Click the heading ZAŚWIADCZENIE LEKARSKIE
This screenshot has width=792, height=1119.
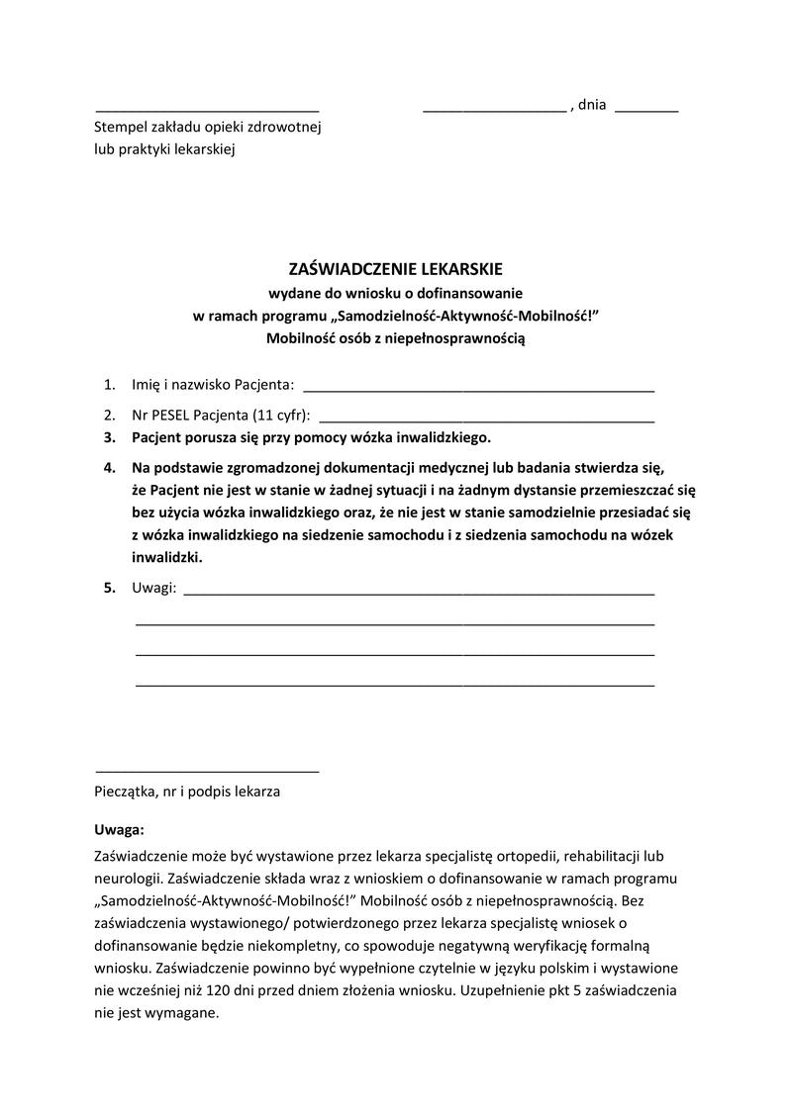(396, 269)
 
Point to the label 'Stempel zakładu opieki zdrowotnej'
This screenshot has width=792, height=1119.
(208, 128)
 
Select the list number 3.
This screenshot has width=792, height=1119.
(109, 436)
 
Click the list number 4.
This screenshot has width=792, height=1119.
(109, 466)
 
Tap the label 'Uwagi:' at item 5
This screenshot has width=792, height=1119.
(154, 589)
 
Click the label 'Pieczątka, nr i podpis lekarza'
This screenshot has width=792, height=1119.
(187, 792)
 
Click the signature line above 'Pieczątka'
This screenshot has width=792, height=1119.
(207, 770)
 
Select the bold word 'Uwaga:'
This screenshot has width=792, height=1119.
(119, 829)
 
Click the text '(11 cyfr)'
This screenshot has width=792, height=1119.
(281, 415)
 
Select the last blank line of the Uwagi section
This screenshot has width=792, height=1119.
(394, 685)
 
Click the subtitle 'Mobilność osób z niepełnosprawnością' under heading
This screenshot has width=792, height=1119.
(396, 338)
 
